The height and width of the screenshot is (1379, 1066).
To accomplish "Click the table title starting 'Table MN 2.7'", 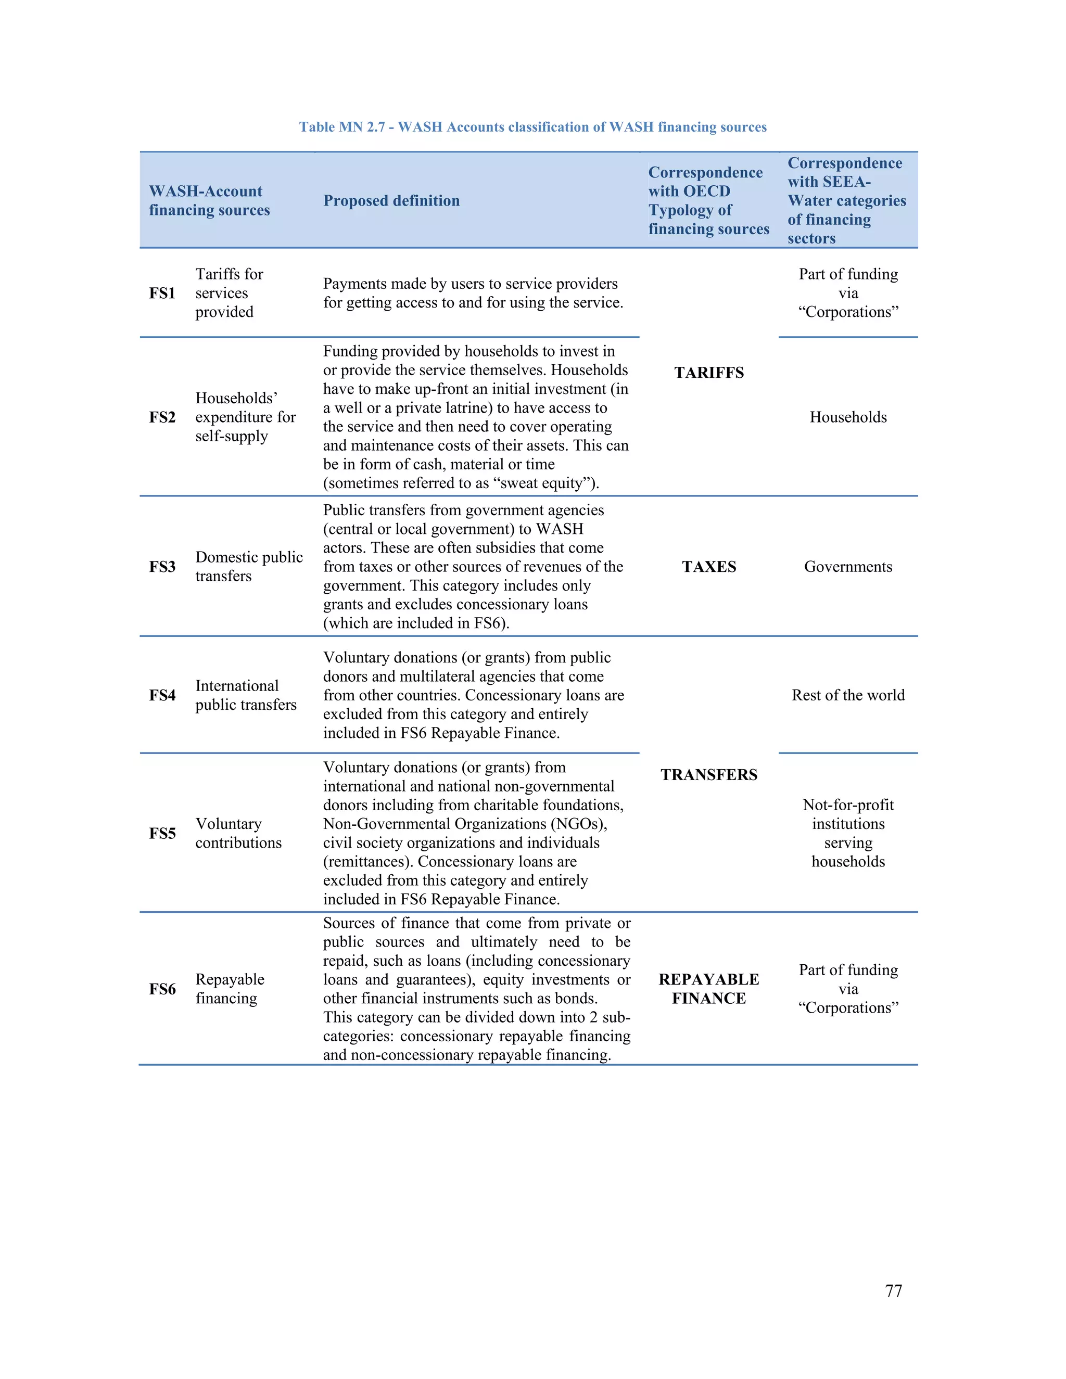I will point(532,127).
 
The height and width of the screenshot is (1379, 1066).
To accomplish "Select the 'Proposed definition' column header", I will point(391,201).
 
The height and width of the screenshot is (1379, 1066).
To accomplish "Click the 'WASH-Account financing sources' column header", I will point(209,201).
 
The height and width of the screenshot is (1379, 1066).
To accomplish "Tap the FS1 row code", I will point(162,293).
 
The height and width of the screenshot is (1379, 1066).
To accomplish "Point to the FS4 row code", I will point(162,695).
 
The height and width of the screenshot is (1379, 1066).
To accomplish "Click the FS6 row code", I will point(162,989).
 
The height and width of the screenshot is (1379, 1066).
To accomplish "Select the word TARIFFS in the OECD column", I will point(708,373).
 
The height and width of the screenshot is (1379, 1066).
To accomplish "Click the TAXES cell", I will point(708,566).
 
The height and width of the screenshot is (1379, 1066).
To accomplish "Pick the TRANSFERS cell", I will point(708,775).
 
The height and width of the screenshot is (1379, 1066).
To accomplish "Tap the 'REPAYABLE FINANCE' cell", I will point(708,989).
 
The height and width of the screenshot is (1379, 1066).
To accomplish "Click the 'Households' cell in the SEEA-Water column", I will point(847,417).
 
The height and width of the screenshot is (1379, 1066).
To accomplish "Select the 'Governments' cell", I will point(847,566).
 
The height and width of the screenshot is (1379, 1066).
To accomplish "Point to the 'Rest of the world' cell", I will point(847,695).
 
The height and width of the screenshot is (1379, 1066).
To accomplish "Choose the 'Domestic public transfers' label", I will point(248,566).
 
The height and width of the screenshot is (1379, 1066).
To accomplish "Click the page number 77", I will point(893,1291).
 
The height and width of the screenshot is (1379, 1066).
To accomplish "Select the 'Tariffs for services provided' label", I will point(229,293).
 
